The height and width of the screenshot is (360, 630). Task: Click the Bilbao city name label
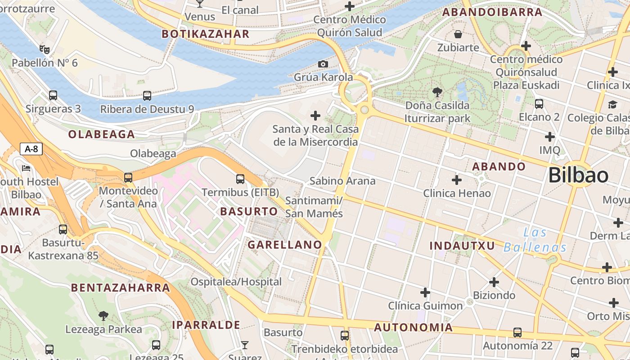578,175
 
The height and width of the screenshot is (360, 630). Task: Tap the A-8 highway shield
31,149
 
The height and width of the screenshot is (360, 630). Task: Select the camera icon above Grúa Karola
323,64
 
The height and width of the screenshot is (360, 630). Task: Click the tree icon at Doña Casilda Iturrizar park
437,93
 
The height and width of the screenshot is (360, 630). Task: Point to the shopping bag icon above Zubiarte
458,34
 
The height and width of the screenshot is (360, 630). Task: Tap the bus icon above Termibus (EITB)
240,179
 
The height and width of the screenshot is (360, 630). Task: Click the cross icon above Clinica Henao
457,180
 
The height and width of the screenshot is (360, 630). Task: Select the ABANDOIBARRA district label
492,12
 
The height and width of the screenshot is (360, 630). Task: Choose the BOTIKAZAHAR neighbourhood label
205,34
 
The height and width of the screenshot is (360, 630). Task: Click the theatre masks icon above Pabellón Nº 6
44,49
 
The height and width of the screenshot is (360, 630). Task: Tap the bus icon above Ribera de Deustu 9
147,96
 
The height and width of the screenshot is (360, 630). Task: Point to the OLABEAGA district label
101,134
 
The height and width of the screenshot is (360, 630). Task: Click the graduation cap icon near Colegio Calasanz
612,105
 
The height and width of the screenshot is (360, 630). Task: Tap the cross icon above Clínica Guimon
425,293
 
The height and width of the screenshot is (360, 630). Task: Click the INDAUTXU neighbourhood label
462,246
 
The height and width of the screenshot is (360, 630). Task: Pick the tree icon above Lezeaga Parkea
103,315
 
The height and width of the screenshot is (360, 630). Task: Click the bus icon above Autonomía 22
517,333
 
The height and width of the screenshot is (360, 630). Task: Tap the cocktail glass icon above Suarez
244,345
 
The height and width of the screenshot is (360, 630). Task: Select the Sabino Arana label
342,181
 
